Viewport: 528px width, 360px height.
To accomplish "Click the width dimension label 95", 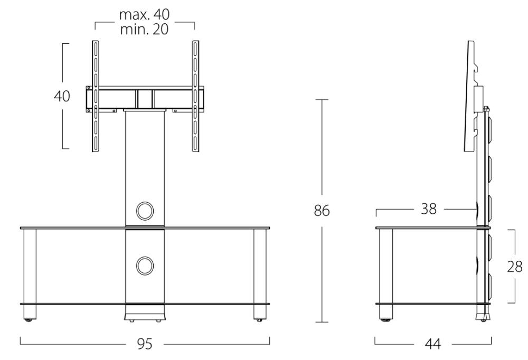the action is click(145, 344).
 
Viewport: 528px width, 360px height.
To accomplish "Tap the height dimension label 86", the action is click(322, 211).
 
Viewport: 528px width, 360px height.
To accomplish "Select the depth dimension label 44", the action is click(433, 344).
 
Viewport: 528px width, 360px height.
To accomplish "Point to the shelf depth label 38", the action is click(429, 209).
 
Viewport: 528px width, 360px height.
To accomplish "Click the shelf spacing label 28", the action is click(515, 267).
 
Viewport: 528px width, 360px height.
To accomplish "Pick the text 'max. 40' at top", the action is click(145, 14).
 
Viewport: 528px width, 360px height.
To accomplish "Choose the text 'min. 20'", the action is click(145, 30).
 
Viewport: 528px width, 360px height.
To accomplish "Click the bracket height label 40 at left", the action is click(62, 96).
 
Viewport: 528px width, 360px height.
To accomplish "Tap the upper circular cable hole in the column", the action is click(145, 211).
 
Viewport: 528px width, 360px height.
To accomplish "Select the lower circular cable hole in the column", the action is click(145, 266).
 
